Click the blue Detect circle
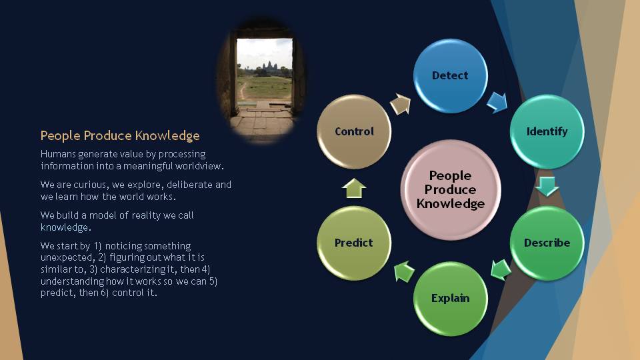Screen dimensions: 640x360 [x=450, y=75]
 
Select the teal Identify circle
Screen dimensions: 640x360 [x=547, y=131]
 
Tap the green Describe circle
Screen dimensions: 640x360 [x=547, y=243]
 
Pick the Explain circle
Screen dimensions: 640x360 [x=450, y=299]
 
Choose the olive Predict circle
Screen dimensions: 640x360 [x=354, y=243]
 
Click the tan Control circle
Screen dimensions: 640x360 [x=354, y=131]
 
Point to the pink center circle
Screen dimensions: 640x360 [x=451, y=189]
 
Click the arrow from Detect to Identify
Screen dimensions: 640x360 [x=497, y=102]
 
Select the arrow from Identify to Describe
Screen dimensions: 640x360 [x=547, y=187]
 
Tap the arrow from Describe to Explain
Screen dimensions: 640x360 [x=501, y=270]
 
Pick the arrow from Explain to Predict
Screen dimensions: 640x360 [x=404, y=271]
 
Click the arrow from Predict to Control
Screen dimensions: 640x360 [x=354, y=188]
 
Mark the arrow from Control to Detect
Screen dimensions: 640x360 [x=401, y=104]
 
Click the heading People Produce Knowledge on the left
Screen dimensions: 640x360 [x=120, y=135]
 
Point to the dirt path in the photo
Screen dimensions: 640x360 [x=244, y=91]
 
